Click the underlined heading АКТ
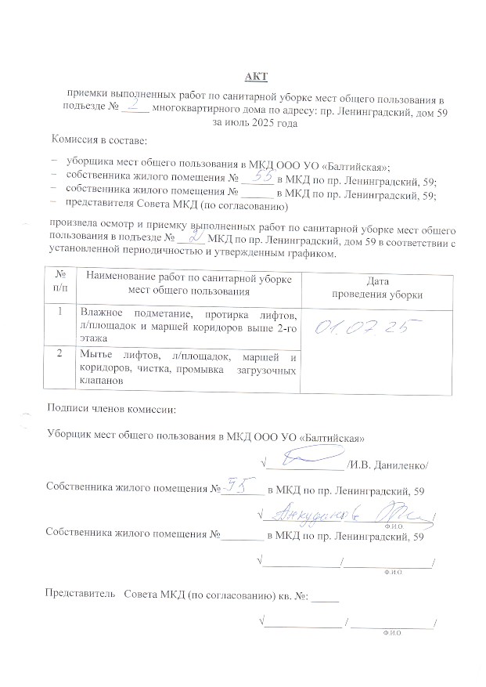tap(256, 76)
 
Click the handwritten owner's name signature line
tap(344, 515)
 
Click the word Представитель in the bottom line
tap(81, 595)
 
